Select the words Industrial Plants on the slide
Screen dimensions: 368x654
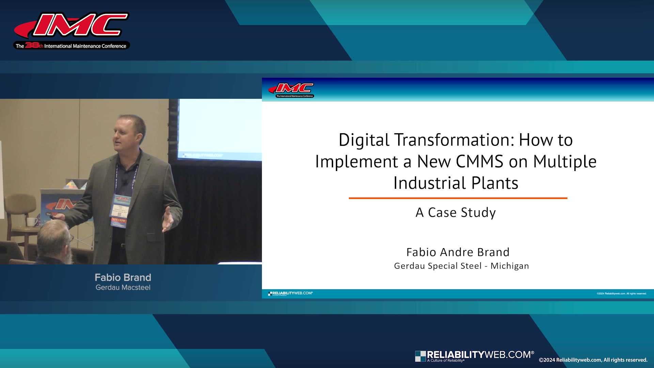(456, 183)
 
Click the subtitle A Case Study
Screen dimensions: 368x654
(456, 213)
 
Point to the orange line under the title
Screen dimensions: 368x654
(458, 198)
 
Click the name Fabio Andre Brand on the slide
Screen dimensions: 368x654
(458, 252)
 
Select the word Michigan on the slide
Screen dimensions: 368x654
(510, 266)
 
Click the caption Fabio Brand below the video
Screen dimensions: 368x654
(123, 277)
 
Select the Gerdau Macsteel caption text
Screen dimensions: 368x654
(123, 288)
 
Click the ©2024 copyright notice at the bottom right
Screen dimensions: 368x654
(593, 360)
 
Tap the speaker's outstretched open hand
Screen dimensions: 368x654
(168, 220)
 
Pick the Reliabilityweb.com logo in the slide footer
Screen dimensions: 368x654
(290, 293)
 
